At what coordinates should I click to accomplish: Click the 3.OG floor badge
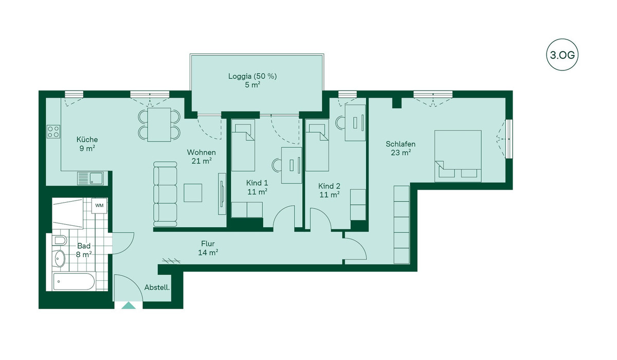coord(562,55)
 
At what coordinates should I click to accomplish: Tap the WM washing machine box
coord(99,206)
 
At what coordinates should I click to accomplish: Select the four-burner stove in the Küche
coord(53,132)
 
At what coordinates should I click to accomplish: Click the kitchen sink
coord(90,178)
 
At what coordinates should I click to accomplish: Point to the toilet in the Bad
coord(60,241)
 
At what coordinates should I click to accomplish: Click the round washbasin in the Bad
coord(59,259)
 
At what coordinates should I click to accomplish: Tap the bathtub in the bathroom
coord(74,281)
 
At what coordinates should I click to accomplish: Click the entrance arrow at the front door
coord(129,305)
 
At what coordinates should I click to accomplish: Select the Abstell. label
coord(157,287)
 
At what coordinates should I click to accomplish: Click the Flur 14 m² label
coord(208,248)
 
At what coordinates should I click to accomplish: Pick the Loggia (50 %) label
coord(252,76)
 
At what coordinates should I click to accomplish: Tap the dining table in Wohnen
coord(159,125)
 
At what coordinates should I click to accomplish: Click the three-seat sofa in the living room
coord(165,194)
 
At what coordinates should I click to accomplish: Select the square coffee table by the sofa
coord(193,193)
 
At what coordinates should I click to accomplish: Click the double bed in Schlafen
coord(458,156)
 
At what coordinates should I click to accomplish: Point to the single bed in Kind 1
coord(243,145)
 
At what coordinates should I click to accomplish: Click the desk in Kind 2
coord(355,122)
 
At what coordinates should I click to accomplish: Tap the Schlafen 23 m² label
coord(401,148)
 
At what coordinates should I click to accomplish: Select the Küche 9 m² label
coord(87,143)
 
